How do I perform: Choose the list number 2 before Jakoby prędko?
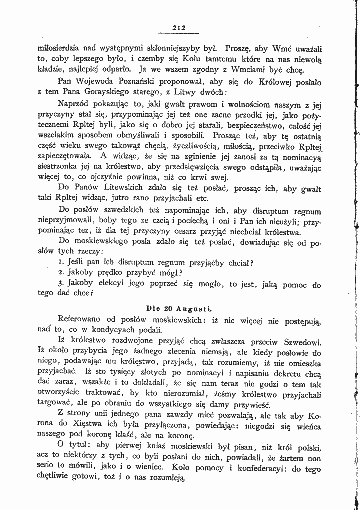(59, 274)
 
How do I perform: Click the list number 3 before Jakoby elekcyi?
(59, 285)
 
